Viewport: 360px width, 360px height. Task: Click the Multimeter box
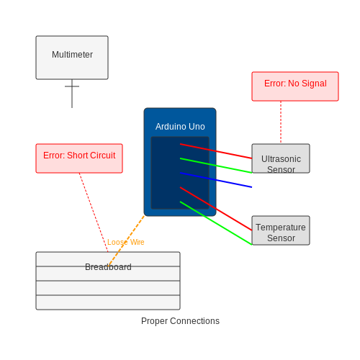72,58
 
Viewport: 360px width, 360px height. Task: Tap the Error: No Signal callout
295,86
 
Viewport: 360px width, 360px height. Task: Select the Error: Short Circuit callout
79,158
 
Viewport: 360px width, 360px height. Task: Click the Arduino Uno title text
180,127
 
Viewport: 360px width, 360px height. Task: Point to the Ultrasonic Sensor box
281,158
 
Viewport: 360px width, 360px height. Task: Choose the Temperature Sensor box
281,230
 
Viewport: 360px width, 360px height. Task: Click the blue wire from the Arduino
216,180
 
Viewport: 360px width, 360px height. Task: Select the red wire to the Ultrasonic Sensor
216,151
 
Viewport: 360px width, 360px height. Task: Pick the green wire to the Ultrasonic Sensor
216,166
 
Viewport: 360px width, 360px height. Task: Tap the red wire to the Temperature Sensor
216,209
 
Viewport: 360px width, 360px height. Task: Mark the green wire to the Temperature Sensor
216,223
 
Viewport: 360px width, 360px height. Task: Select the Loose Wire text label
126,242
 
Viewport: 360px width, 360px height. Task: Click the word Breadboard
108,267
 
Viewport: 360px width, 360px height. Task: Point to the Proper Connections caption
180,321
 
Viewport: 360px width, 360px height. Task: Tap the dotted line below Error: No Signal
281,122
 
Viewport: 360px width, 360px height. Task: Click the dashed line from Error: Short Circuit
94,212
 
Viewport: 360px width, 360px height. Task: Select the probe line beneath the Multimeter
72,94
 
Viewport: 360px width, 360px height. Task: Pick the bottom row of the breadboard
108,302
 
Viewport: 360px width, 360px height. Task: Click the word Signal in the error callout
314,84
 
